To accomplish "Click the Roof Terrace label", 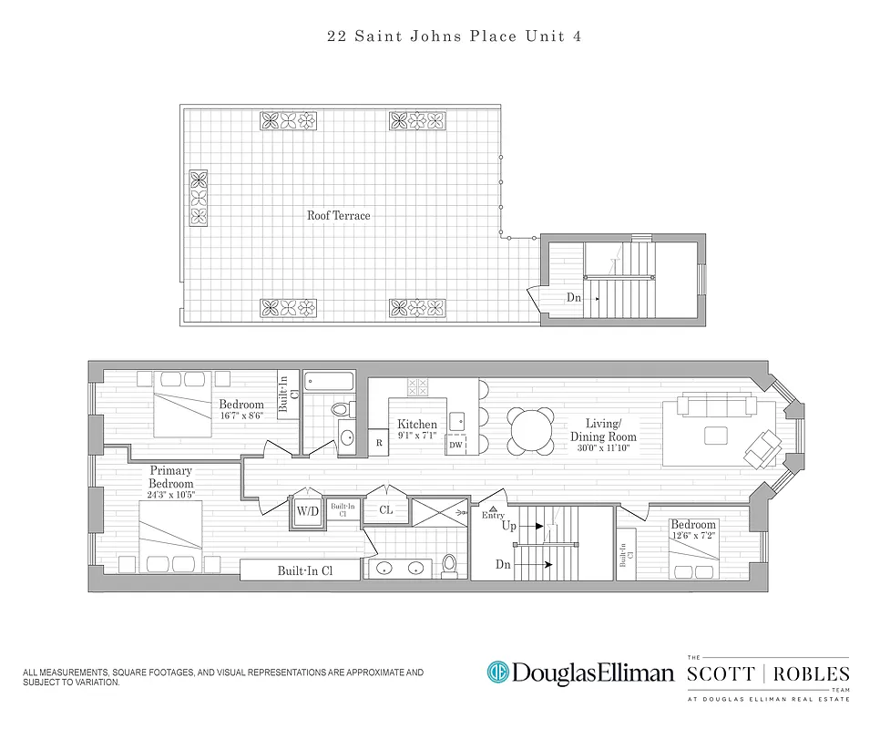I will [x=338, y=216].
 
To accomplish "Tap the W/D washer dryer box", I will [x=306, y=511].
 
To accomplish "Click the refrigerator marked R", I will [x=379, y=443].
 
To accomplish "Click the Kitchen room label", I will [x=417, y=424].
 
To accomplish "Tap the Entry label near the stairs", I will [x=493, y=516].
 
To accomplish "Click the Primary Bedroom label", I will [x=171, y=477].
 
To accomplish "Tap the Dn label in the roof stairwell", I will [x=575, y=297].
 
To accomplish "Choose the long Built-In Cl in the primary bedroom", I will [x=304, y=570].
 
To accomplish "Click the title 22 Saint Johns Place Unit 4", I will [x=440, y=37].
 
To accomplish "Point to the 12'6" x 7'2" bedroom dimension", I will [x=693, y=538].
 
